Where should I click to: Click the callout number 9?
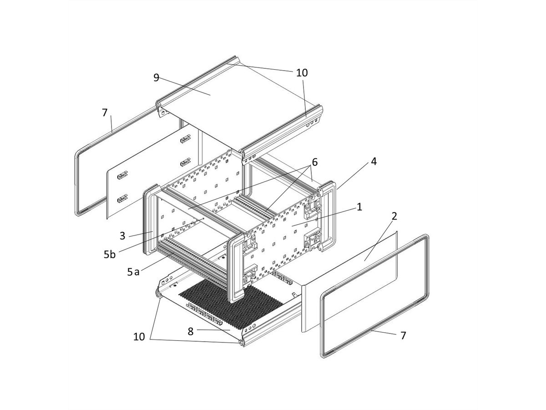(x=157, y=77)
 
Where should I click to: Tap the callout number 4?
(x=374, y=161)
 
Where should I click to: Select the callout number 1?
(x=359, y=207)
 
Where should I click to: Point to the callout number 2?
(x=394, y=216)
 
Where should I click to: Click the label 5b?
(x=110, y=254)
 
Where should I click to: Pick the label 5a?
(x=133, y=272)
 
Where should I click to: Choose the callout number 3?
(x=122, y=236)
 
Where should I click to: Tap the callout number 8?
(x=191, y=331)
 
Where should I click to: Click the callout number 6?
(x=314, y=162)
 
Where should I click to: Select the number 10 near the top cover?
(x=302, y=72)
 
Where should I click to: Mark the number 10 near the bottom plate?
(x=139, y=337)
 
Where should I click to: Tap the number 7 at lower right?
(x=403, y=335)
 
